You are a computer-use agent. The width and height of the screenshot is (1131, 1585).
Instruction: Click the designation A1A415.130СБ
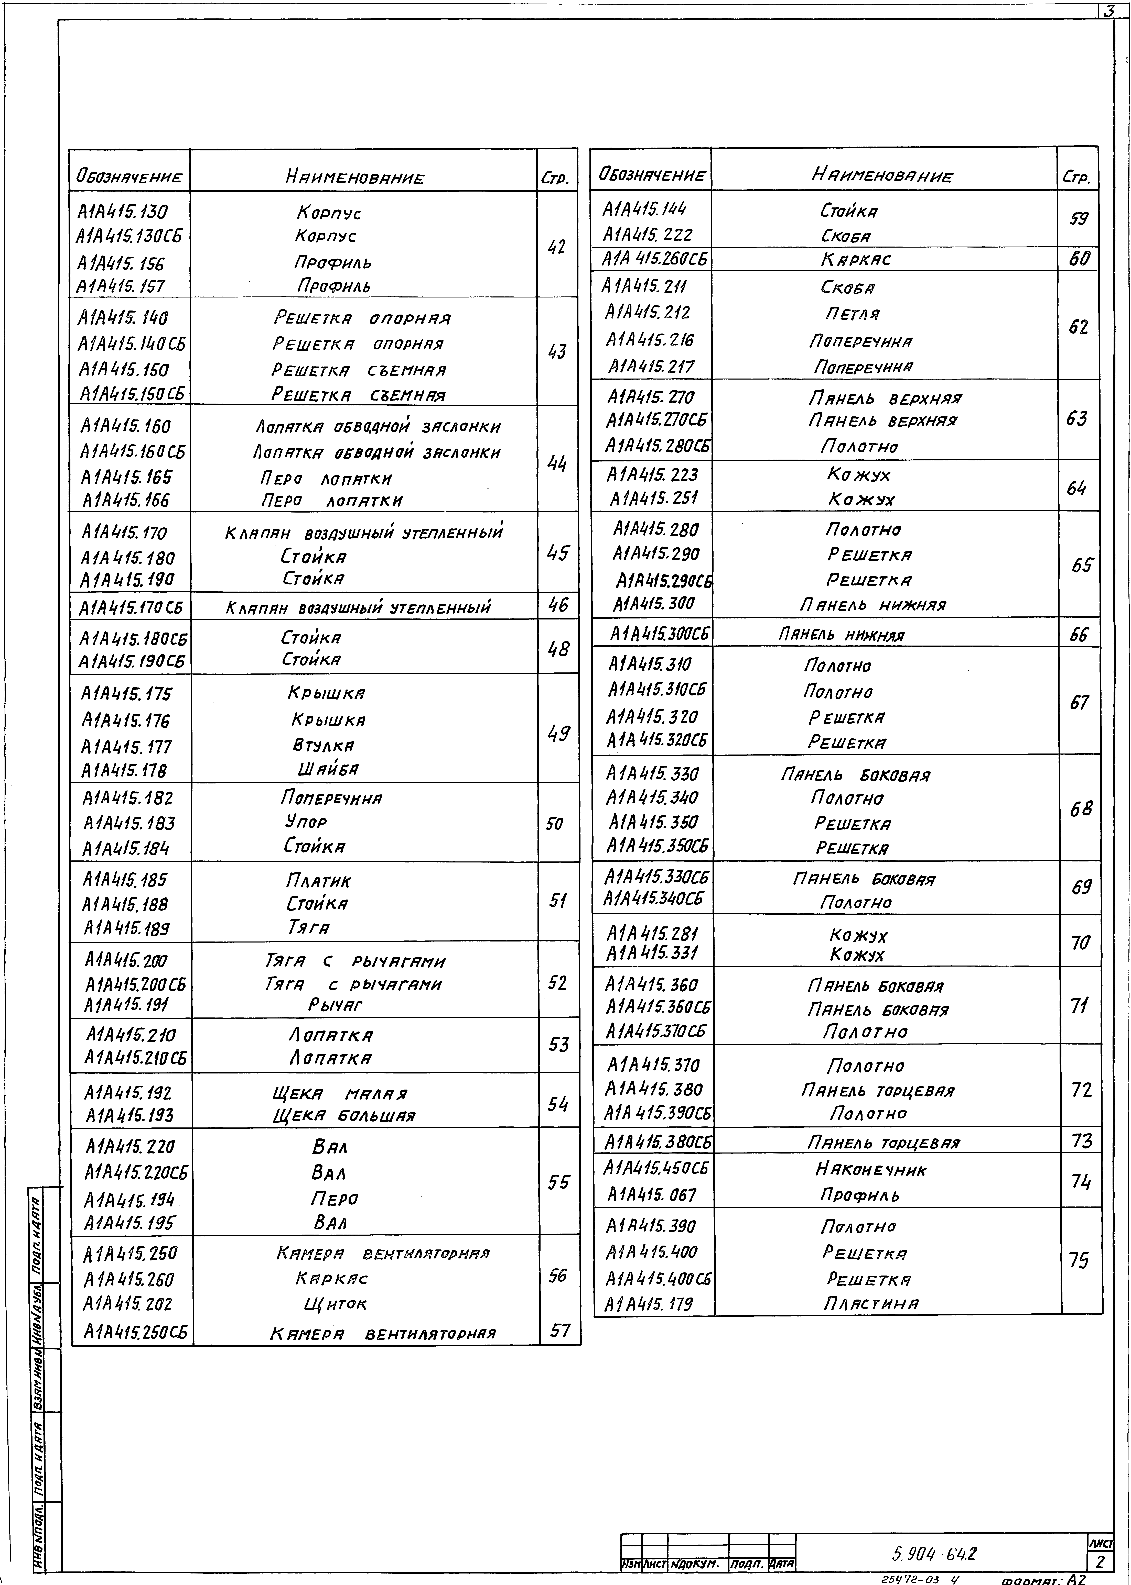tap(130, 237)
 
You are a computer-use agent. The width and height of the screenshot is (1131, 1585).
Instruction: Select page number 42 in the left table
tap(556, 247)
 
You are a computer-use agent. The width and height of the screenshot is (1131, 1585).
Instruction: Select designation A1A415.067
tap(651, 1195)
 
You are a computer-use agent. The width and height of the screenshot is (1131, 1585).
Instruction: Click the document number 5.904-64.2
tap(933, 1553)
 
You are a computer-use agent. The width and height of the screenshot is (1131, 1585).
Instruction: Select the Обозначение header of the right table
tap(652, 175)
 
